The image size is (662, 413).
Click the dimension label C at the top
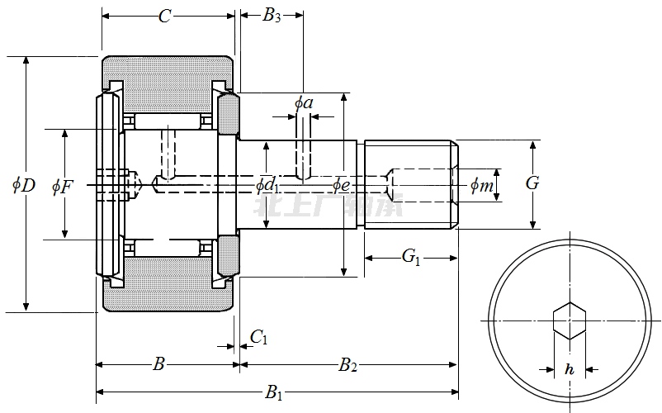tap(165, 17)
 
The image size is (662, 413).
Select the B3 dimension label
tap(272, 16)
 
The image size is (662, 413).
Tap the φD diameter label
tap(24, 185)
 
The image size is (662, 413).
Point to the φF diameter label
tap(63, 186)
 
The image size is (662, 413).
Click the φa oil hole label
tap(304, 103)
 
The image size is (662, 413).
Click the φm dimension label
tap(482, 186)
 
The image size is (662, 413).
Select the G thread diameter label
tap(532, 183)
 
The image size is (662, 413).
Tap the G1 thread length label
tap(411, 258)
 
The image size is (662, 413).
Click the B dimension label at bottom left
tap(160, 364)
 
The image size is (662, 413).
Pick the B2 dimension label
tap(348, 364)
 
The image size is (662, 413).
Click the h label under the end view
tap(569, 369)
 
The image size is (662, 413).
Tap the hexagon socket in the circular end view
tap(569, 320)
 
